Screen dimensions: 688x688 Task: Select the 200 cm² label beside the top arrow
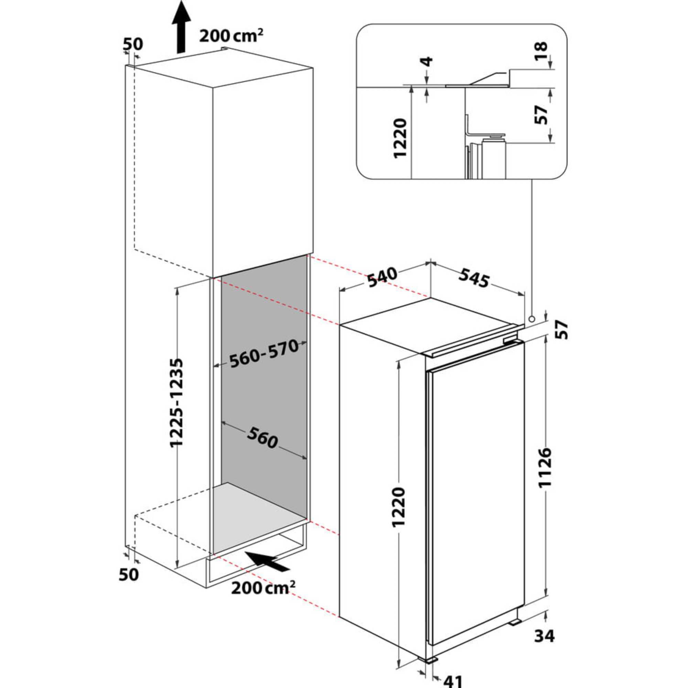pyautogui.click(x=231, y=36)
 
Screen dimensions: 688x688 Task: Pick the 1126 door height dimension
pyautogui.click(x=545, y=467)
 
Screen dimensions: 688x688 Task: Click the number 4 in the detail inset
pyautogui.click(x=427, y=62)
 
